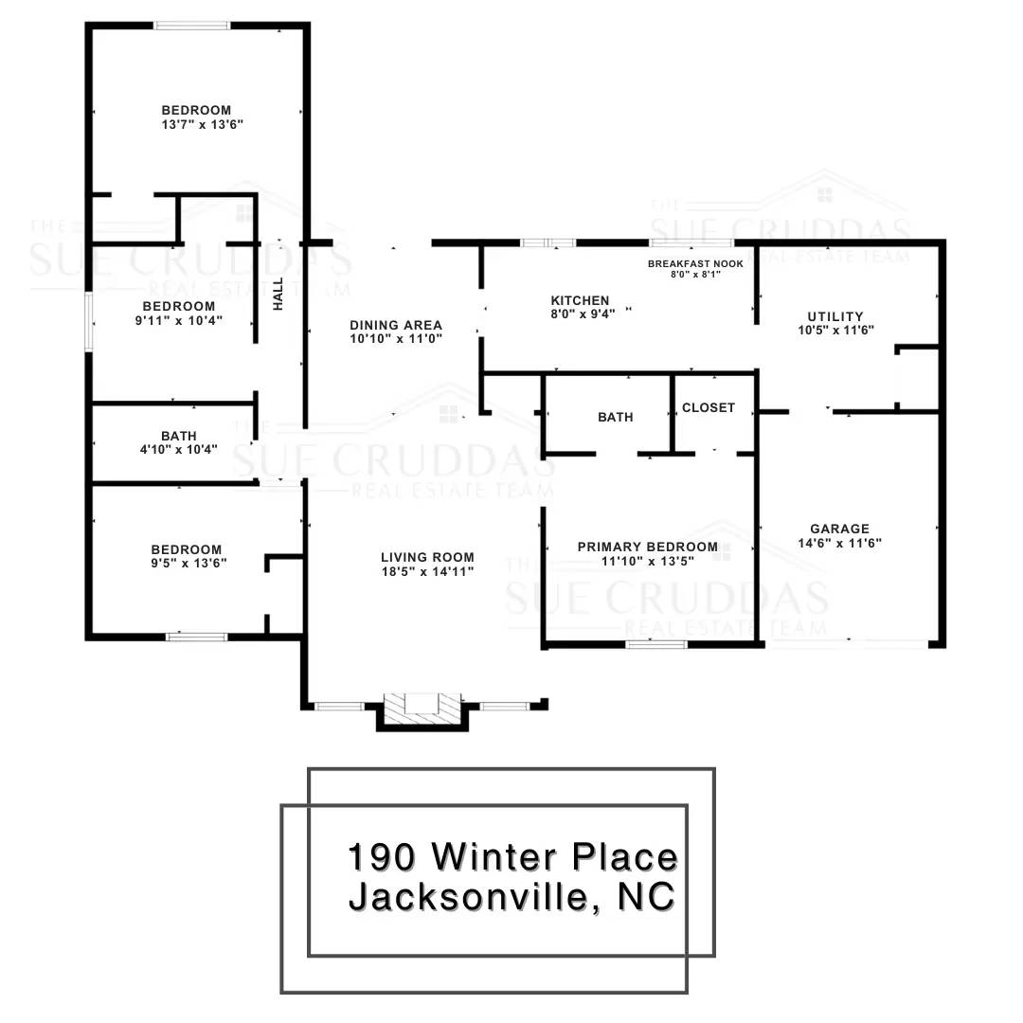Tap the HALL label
tap(278, 294)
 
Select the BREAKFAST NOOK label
tap(695, 263)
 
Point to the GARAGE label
tap(839, 529)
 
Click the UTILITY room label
tap(835, 316)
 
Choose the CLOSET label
tap(709, 407)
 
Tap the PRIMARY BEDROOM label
tap(648, 547)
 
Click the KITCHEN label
tap(580, 301)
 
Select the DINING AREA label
tap(396, 325)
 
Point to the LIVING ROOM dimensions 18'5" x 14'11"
tap(428, 571)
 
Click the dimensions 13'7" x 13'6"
tap(203, 125)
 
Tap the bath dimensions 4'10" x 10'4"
tap(179, 450)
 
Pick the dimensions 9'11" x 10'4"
tap(179, 321)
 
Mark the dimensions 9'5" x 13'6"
tap(189, 563)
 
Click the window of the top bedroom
tap(192, 27)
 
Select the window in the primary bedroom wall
tap(656, 645)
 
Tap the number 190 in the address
tap(382, 856)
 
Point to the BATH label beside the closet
tap(616, 418)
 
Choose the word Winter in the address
tap(494, 856)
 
